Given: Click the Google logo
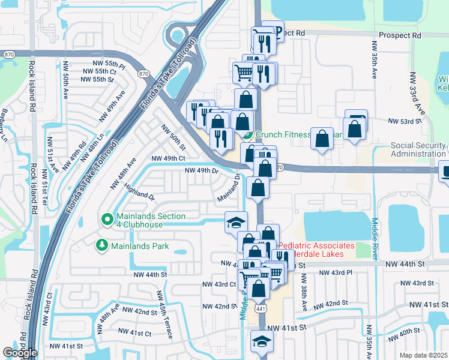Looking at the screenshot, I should click(x=20, y=353).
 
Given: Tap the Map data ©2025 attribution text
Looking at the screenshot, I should click(x=423, y=355).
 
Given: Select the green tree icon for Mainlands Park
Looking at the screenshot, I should click(x=101, y=245).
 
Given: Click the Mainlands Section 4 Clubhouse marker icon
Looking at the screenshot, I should click(x=107, y=220).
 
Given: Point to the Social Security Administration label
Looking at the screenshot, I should click(x=418, y=149).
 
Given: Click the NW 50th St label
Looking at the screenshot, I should click(x=173, y=137).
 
